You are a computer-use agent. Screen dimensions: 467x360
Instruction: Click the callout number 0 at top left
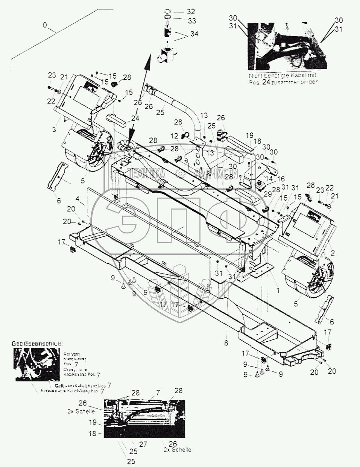tap(46, 26)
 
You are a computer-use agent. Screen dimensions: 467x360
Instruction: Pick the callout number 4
tap(77, 197)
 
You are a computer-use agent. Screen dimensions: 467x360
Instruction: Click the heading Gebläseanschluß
tap(37, 344)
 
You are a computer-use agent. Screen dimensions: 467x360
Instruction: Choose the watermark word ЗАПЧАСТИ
tap(216, 173)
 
